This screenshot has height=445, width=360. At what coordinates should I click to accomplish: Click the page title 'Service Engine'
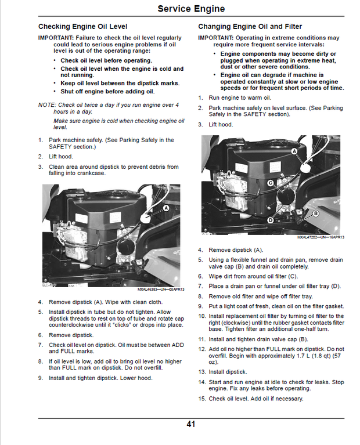point(191,9)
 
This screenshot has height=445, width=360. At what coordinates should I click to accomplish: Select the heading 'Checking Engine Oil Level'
point(82,27)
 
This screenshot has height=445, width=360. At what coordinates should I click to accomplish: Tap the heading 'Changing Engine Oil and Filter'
point(250,27)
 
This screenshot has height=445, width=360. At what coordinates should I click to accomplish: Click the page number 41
point(191,424)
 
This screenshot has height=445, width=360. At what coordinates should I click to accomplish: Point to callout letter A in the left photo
point(167,207)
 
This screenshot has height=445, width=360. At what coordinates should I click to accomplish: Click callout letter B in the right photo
point(316,213)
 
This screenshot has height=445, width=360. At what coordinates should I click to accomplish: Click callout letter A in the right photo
point(294,151)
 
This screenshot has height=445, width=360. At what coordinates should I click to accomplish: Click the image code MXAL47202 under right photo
point(310,237)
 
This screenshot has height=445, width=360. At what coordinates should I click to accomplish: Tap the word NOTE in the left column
point(46,105)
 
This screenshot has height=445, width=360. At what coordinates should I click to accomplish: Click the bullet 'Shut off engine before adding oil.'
point(107,91)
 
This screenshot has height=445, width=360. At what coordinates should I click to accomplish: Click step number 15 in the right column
point(201,399)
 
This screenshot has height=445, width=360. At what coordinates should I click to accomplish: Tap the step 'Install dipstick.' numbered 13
point(228,372)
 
